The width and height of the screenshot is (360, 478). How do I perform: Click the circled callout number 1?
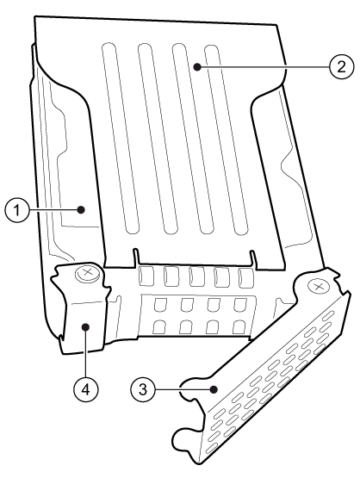(17, 210)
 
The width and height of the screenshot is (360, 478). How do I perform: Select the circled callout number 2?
(341, 66)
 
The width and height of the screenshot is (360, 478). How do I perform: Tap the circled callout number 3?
(143, 389)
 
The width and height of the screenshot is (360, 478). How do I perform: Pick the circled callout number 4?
(86, 389)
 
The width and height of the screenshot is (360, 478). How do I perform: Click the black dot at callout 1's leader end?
(81, 210)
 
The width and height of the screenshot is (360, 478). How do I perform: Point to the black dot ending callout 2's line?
(198, 67)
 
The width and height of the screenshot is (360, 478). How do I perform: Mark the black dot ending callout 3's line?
(214, 389)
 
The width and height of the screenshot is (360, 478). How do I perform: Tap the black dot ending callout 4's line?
(86, 327)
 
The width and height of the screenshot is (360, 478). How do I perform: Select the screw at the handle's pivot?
(319, 286)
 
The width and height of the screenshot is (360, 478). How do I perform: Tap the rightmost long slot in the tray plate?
(227, 140)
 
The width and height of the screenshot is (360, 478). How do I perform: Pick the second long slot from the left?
(158, 139)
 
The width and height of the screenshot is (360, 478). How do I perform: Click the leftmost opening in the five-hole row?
(146, 276)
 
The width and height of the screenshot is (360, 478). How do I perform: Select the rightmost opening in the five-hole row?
(246, 278)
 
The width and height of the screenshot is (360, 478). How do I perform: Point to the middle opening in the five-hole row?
(196, 277)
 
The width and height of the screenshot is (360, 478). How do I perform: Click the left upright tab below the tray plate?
(136, 258)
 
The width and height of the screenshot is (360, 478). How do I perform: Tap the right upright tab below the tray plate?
(252, 260)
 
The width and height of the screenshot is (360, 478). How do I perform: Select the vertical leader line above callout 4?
(86, 354)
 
